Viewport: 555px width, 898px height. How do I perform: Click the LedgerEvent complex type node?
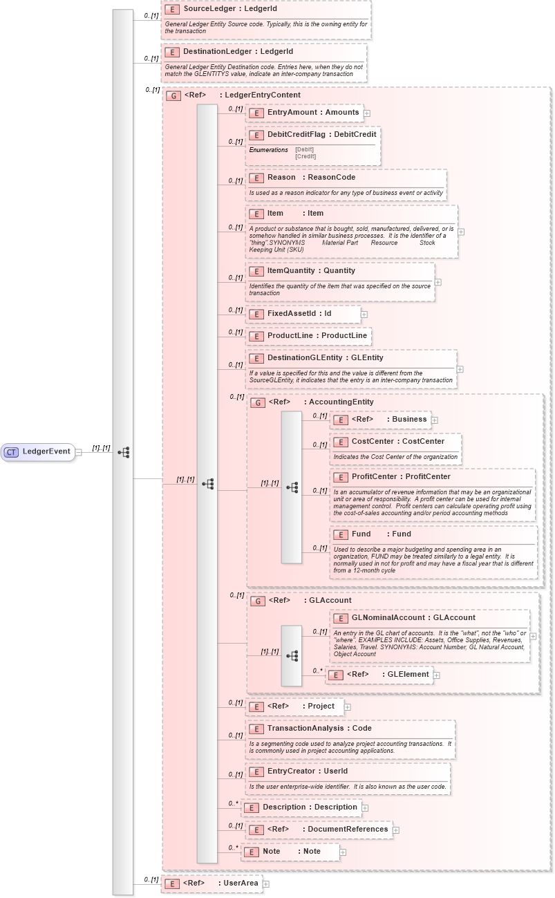[40, 452]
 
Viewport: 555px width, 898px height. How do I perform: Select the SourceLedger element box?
[214, 8]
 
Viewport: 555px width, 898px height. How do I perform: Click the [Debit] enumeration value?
[304, 149]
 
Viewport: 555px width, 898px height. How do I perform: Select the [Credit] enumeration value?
[305, 156]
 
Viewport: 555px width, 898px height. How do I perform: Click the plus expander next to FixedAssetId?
[364, 315]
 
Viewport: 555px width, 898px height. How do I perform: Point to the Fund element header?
[380, 534]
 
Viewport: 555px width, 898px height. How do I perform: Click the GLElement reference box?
[379, 675]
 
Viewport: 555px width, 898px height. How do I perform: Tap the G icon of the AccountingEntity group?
[257, 402]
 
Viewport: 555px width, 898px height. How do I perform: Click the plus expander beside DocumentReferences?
[395, 830]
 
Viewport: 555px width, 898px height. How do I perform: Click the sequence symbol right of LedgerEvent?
[124, 452]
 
